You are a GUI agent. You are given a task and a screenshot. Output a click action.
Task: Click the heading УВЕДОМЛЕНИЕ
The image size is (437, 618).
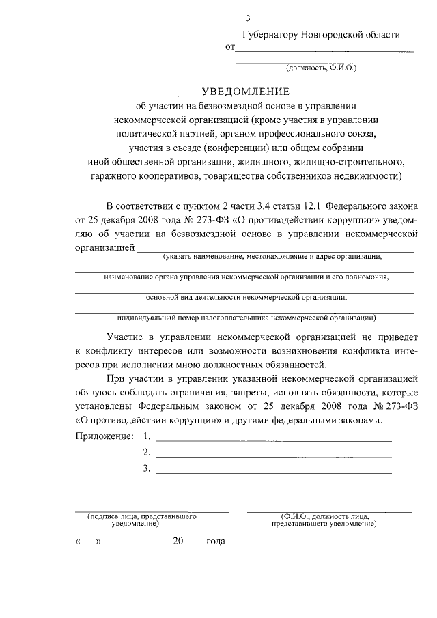pyautogui.click(x=245, y=92)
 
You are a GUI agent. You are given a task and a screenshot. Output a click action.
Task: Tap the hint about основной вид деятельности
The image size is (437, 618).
pyautogui.click(x=246, y=298)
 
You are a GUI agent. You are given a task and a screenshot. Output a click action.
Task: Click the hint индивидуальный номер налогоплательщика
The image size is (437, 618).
pyautogui.click(x=246, y=318)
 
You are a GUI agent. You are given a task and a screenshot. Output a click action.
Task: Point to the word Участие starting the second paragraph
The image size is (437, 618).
pyautogui.click(x=126, y=337)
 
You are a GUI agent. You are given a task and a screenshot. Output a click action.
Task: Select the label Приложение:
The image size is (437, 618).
pyautogui.click(x=104, y=436)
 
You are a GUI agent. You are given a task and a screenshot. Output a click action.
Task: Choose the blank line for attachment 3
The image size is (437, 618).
pyautogui.click(x=273, y=472)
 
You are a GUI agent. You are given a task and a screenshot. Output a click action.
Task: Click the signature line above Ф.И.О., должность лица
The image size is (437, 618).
pyautogui.click(x=329, y=511)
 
